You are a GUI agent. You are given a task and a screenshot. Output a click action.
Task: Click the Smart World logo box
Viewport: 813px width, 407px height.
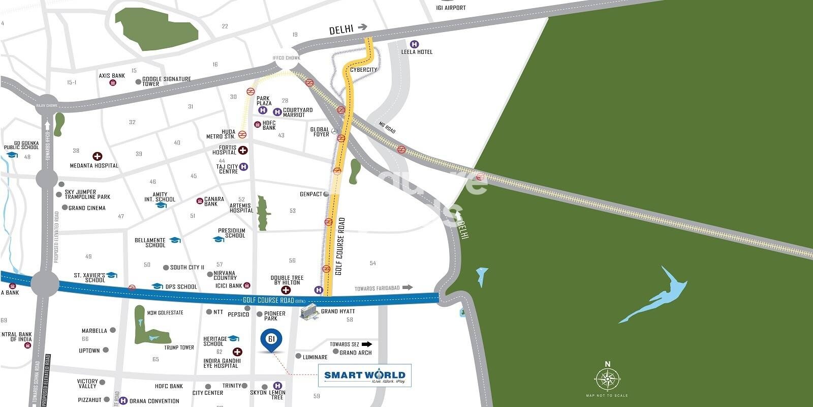coord(364,376)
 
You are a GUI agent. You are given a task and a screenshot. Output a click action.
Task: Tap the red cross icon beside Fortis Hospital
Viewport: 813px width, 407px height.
coord(243,150)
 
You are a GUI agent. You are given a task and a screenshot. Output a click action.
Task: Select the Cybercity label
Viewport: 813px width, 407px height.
coord(364,70)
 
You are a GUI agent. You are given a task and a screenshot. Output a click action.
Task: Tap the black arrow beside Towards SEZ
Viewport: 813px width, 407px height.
coord(374,344)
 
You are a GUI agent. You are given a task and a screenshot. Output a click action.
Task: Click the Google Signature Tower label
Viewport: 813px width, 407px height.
coord(166,81)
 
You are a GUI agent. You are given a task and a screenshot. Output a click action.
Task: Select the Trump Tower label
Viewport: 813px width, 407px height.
coord(179,347)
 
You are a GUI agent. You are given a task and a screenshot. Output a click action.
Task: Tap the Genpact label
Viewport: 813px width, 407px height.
coord(311,194)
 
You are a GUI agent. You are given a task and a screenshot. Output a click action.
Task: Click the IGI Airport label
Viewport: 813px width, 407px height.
coord(451,8)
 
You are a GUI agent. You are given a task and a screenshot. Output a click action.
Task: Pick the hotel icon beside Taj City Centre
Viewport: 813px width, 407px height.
coord(244,166)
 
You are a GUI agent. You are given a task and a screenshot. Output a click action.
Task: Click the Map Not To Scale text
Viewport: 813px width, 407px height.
coord(607,395)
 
